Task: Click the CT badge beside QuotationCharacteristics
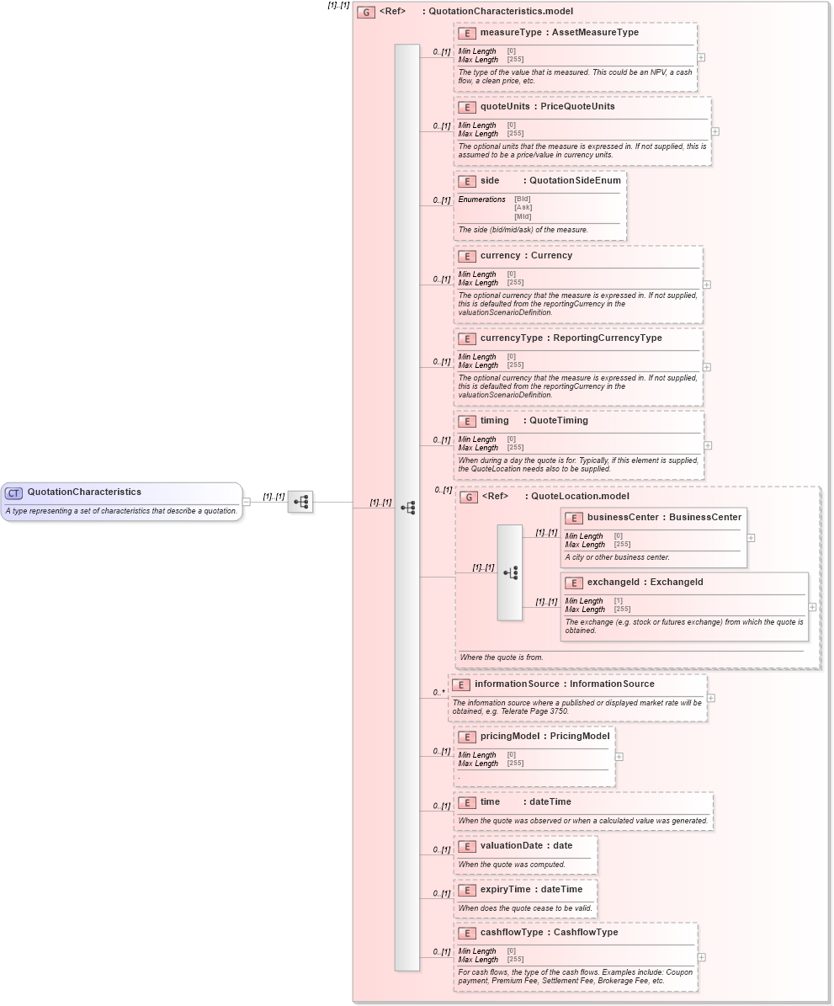pos(13,492)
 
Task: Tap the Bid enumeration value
pos(523,199)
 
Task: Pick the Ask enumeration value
pos(523,207)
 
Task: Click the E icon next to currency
pos(467,256)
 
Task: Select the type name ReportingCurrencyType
pos(607,338)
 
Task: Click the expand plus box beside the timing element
pos(708,445)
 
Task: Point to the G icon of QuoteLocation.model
pos(469,497)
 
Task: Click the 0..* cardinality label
pos(438,692)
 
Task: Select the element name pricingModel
pos(509,737)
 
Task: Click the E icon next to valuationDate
pos(467,846)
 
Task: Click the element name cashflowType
pos(511,933)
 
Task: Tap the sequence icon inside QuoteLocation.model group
pos(510,572)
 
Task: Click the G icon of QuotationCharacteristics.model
pos(366,12)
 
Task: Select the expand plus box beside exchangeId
pos(813,606)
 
